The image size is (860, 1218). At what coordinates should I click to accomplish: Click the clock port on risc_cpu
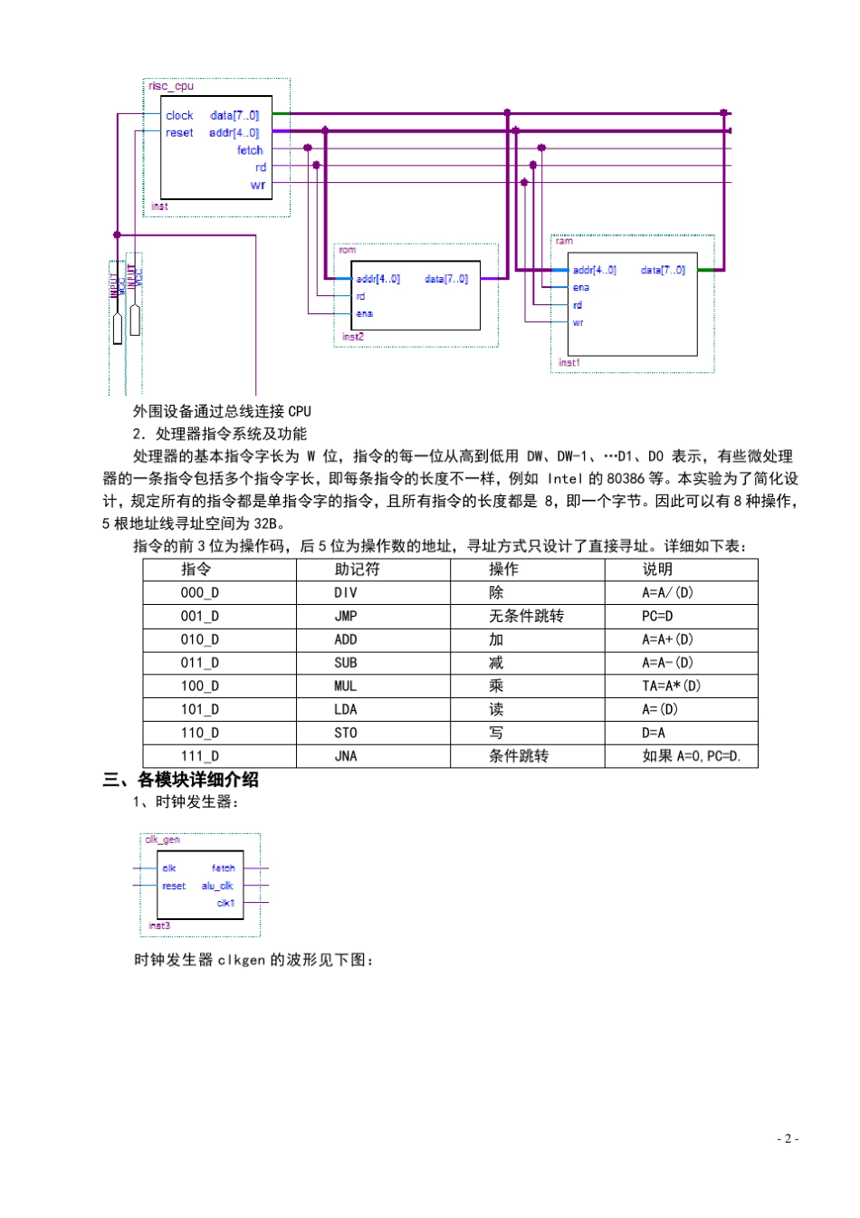click(x=179, y=116)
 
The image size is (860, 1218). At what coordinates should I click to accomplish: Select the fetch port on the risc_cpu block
click(x=250, y=150)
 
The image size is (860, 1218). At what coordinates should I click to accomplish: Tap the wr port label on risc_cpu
click(x=258, y=186)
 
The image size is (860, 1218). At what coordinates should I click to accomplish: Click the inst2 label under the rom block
click(x=353, y=337)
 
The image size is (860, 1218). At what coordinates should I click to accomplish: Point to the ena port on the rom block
click(x=364, y=314)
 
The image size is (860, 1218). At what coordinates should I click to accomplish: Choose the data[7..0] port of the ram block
click(x=663, y=271)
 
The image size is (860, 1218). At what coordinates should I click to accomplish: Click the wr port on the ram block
click(x=578, y=323)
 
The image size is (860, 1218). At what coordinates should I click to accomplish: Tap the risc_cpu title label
click(x=171, y=87)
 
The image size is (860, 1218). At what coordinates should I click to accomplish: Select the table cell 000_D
click(x=199, y=593)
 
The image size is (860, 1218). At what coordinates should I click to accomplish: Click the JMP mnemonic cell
click(x=346, y=617)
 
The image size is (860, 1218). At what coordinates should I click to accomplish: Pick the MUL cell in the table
click(x=346, y=686)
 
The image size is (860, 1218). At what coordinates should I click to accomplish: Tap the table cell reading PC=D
click(x=657, y=617)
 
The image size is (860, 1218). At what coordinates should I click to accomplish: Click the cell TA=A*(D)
click(x=671, y=686)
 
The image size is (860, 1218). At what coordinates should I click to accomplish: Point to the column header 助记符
click(x=357, y=570)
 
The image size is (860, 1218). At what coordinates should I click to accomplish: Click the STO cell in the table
click(x=346, y=734)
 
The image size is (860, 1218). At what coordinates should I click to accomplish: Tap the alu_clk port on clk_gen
click(x=217, y=887)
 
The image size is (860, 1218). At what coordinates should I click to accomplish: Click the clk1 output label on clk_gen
click(x=225, y=904)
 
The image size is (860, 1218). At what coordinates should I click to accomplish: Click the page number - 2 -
click(x=788, y=1139)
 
